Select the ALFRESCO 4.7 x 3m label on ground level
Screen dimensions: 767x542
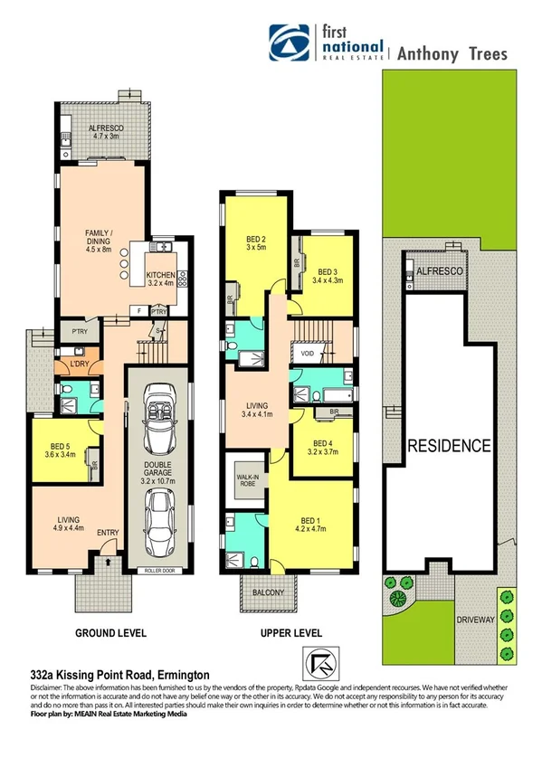click(104, 133)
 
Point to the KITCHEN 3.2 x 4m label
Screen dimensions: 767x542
click(164, 278)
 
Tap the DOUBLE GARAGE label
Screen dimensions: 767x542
click(157, 476)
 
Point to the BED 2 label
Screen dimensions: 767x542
click(256, 246)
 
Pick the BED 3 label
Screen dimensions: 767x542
click(327, 275)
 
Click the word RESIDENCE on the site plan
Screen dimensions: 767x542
click(449, 445)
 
